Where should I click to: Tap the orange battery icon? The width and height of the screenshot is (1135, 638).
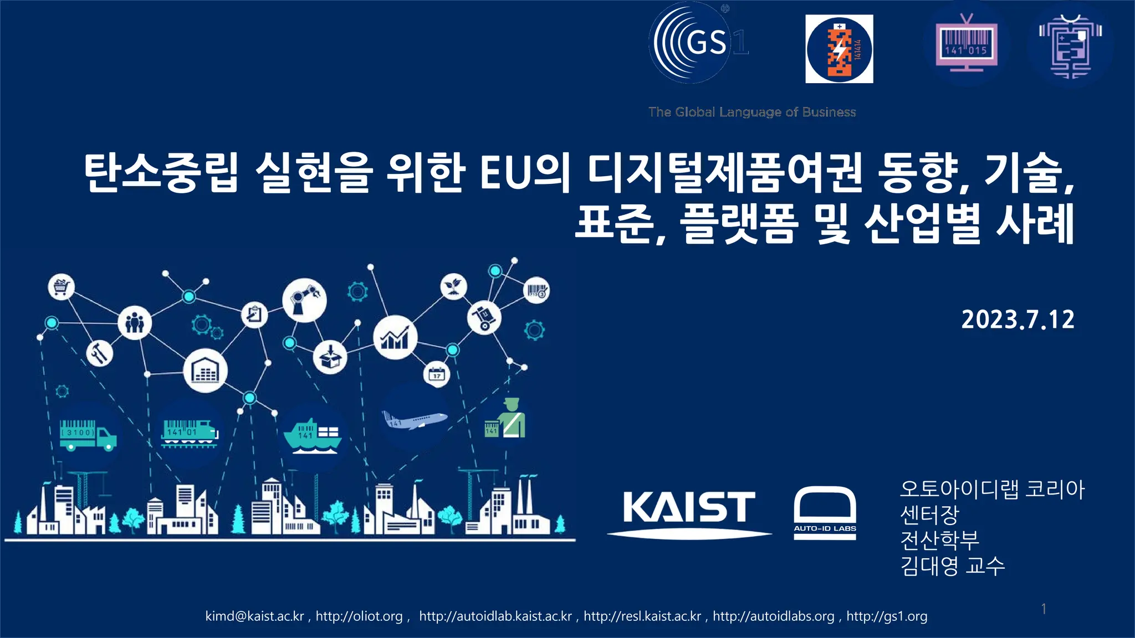(839, 49)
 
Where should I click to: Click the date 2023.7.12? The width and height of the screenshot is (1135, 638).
(1018, 320)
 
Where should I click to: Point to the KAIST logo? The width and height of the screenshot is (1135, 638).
(689, 508)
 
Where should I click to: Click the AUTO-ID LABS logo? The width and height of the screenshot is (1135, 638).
(825, 512)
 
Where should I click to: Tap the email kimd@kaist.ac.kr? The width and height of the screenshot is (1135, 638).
(254, 616)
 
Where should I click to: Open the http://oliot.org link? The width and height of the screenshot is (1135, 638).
(359, 616)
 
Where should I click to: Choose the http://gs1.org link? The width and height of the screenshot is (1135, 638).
(887, 616)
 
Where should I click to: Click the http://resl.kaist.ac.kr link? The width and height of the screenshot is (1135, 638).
(642, 616)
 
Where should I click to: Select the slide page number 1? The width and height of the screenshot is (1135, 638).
(1044, 609)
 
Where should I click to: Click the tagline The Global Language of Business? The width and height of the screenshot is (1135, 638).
(752, 112)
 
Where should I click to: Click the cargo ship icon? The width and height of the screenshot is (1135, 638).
(312, 436)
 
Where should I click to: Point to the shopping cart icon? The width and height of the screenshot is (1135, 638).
(61, 286)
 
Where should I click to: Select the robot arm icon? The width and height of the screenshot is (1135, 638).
(304, 300)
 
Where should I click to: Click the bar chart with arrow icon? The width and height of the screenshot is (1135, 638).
(395, 337)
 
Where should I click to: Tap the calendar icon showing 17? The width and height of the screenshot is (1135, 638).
(437, 375)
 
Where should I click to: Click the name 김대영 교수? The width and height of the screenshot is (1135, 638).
(952, 565)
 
